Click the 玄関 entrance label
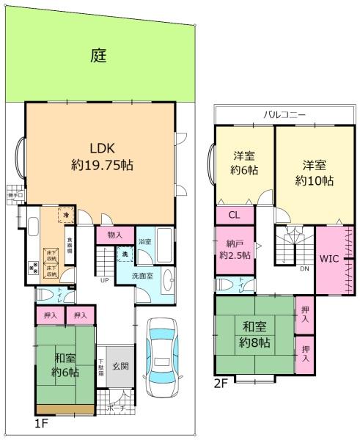[122, 366]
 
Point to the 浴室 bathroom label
[144, 241]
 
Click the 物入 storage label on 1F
[114, 235]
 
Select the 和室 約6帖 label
[65, 365]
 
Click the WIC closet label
[327, 258]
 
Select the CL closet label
[233, 215]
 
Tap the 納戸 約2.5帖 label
[234, 249]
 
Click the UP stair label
[104, 280]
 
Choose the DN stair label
[303, 269]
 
